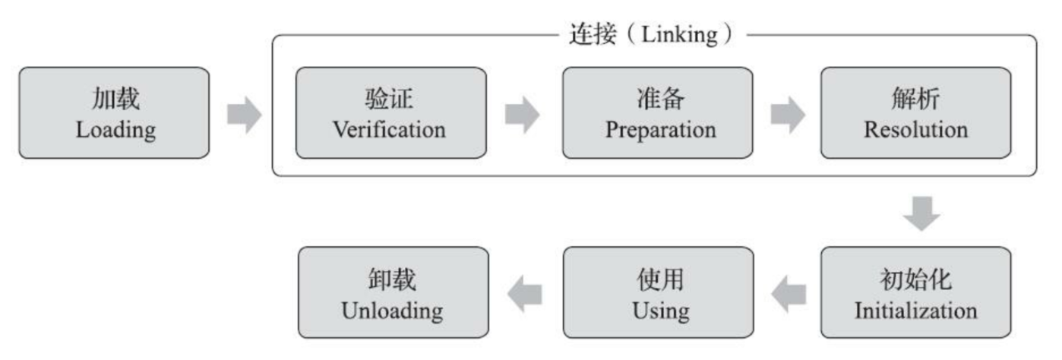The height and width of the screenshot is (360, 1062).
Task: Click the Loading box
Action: (x=114, y=112)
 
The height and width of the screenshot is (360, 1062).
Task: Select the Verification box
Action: (x=390, y=112)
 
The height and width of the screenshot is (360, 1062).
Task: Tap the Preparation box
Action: (x=658, y=112)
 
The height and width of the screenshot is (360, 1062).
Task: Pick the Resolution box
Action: (x=915, y=112)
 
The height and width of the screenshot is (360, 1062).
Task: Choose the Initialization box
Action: (x=915, y=292)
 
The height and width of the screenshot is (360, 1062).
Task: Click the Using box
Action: (x=658, y=292)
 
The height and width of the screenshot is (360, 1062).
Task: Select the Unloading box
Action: (x=392, y=292)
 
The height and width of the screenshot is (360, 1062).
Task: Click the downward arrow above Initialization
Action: (x=921, y=213)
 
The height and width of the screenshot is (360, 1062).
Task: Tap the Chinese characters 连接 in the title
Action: (x=592, y=35)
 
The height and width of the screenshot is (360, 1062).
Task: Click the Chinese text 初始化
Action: (x=915, y=279)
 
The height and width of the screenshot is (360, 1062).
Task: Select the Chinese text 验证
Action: (x=390, y=99)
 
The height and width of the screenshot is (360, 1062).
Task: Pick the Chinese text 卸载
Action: (x=392, y=279)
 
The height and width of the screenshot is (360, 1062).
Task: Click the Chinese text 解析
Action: (x=915, y=99)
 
